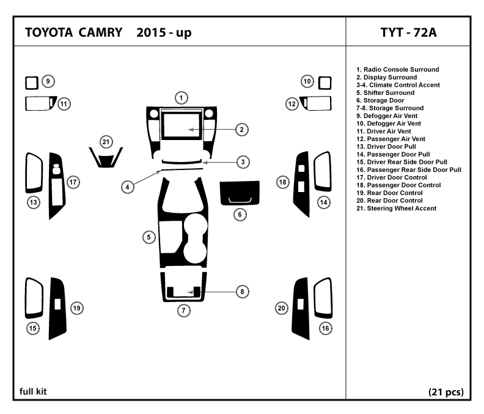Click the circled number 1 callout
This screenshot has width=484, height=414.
click(x=181, y=98)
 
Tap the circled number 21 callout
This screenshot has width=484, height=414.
click(x=106, y=142)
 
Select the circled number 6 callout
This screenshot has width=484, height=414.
click(x=240, y=215)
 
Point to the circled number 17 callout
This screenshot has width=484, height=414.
click(x=73, y=182)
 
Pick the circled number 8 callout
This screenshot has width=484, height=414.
click(x=243, y=291)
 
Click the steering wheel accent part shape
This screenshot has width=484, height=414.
click(x=106, y=162)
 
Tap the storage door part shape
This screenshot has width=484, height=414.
click(x=240, y=193)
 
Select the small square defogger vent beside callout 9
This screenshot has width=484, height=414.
click(x=32, y=83)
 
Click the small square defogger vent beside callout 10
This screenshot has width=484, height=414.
click(x=324, y=83)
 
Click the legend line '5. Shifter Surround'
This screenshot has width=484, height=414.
click(x=385, y=93)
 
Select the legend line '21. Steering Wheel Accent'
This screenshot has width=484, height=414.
click(x=397, y=209)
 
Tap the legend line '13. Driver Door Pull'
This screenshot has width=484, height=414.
click(x=386, y=146)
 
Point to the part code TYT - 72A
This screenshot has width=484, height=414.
click(x=408, y=32)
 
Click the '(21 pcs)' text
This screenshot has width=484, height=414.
click(x=446, y=392)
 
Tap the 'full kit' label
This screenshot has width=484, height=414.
click(x=33, y=391)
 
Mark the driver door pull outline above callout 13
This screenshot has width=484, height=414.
click(x=26, y=173)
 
